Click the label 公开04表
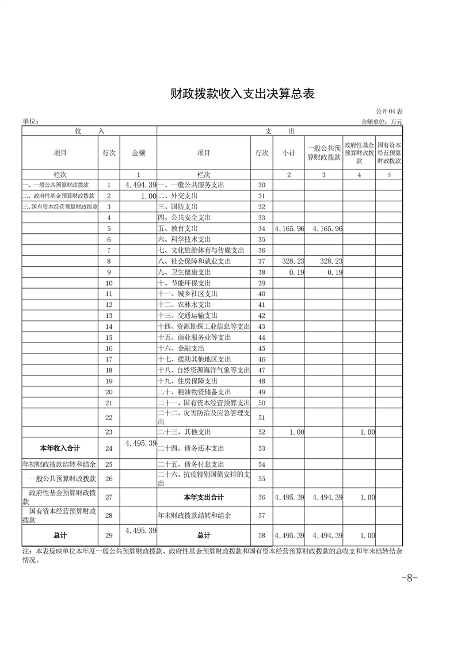tap(390, 111)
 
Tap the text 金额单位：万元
tap(382, 122)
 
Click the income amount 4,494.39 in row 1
tap(140, 185)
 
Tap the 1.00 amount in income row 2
tap(148, 196)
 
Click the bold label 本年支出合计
tap(204, 497)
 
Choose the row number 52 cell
tap(262, 432)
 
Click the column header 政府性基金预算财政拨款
tap(359, 153)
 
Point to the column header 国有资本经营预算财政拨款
tap(389, 153)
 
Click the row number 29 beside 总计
tap(109, 536)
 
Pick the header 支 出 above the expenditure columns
tap(280, 132)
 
